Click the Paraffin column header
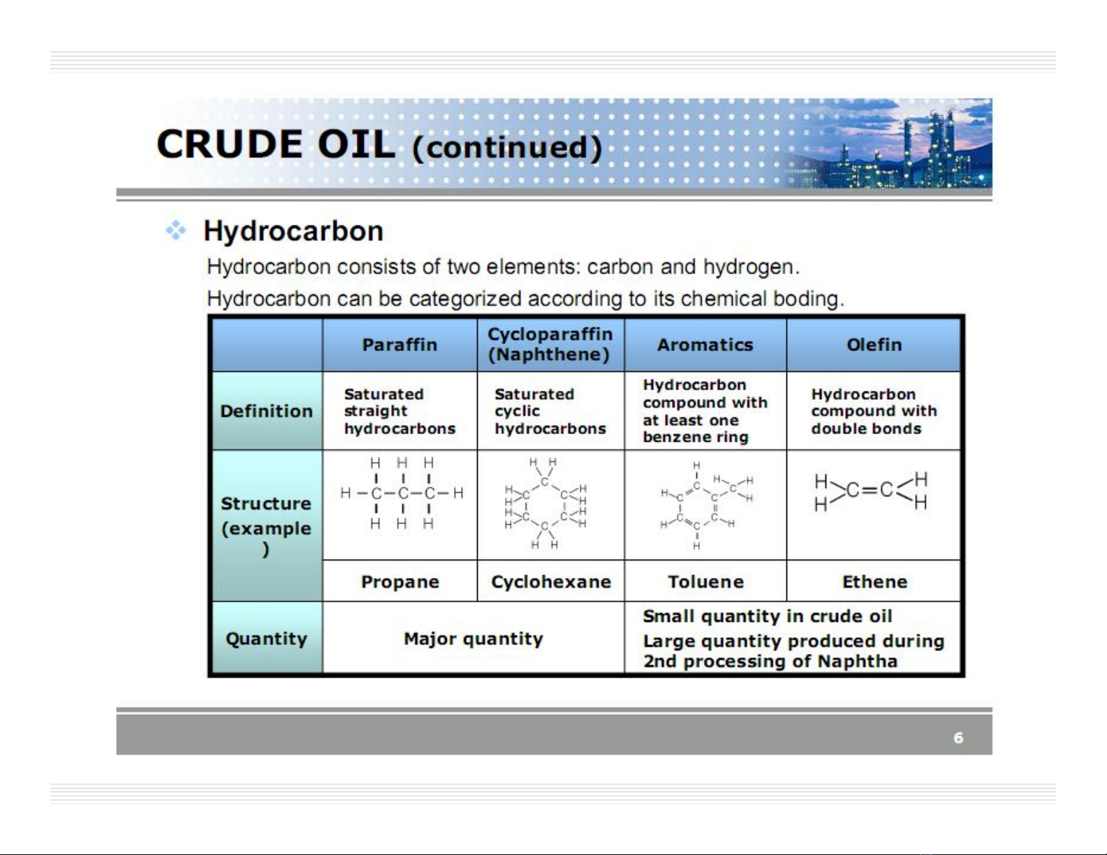[399, 345]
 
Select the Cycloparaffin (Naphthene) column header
[550, 344]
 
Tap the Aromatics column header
[705, 345]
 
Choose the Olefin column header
[874, 345]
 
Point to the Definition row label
[266, 410]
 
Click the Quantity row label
[266, 639]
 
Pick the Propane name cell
[400, 581]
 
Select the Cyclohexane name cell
[550, 581]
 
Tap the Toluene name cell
[705, 581]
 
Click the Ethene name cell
[874, 581]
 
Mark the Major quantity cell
[474, 639]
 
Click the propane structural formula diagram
[402, 493]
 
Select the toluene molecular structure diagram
[706, 505]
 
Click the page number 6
[958, 738]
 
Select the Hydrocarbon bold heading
[293, 232]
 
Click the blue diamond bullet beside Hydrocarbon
[176, 230]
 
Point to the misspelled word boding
[809, 299]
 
